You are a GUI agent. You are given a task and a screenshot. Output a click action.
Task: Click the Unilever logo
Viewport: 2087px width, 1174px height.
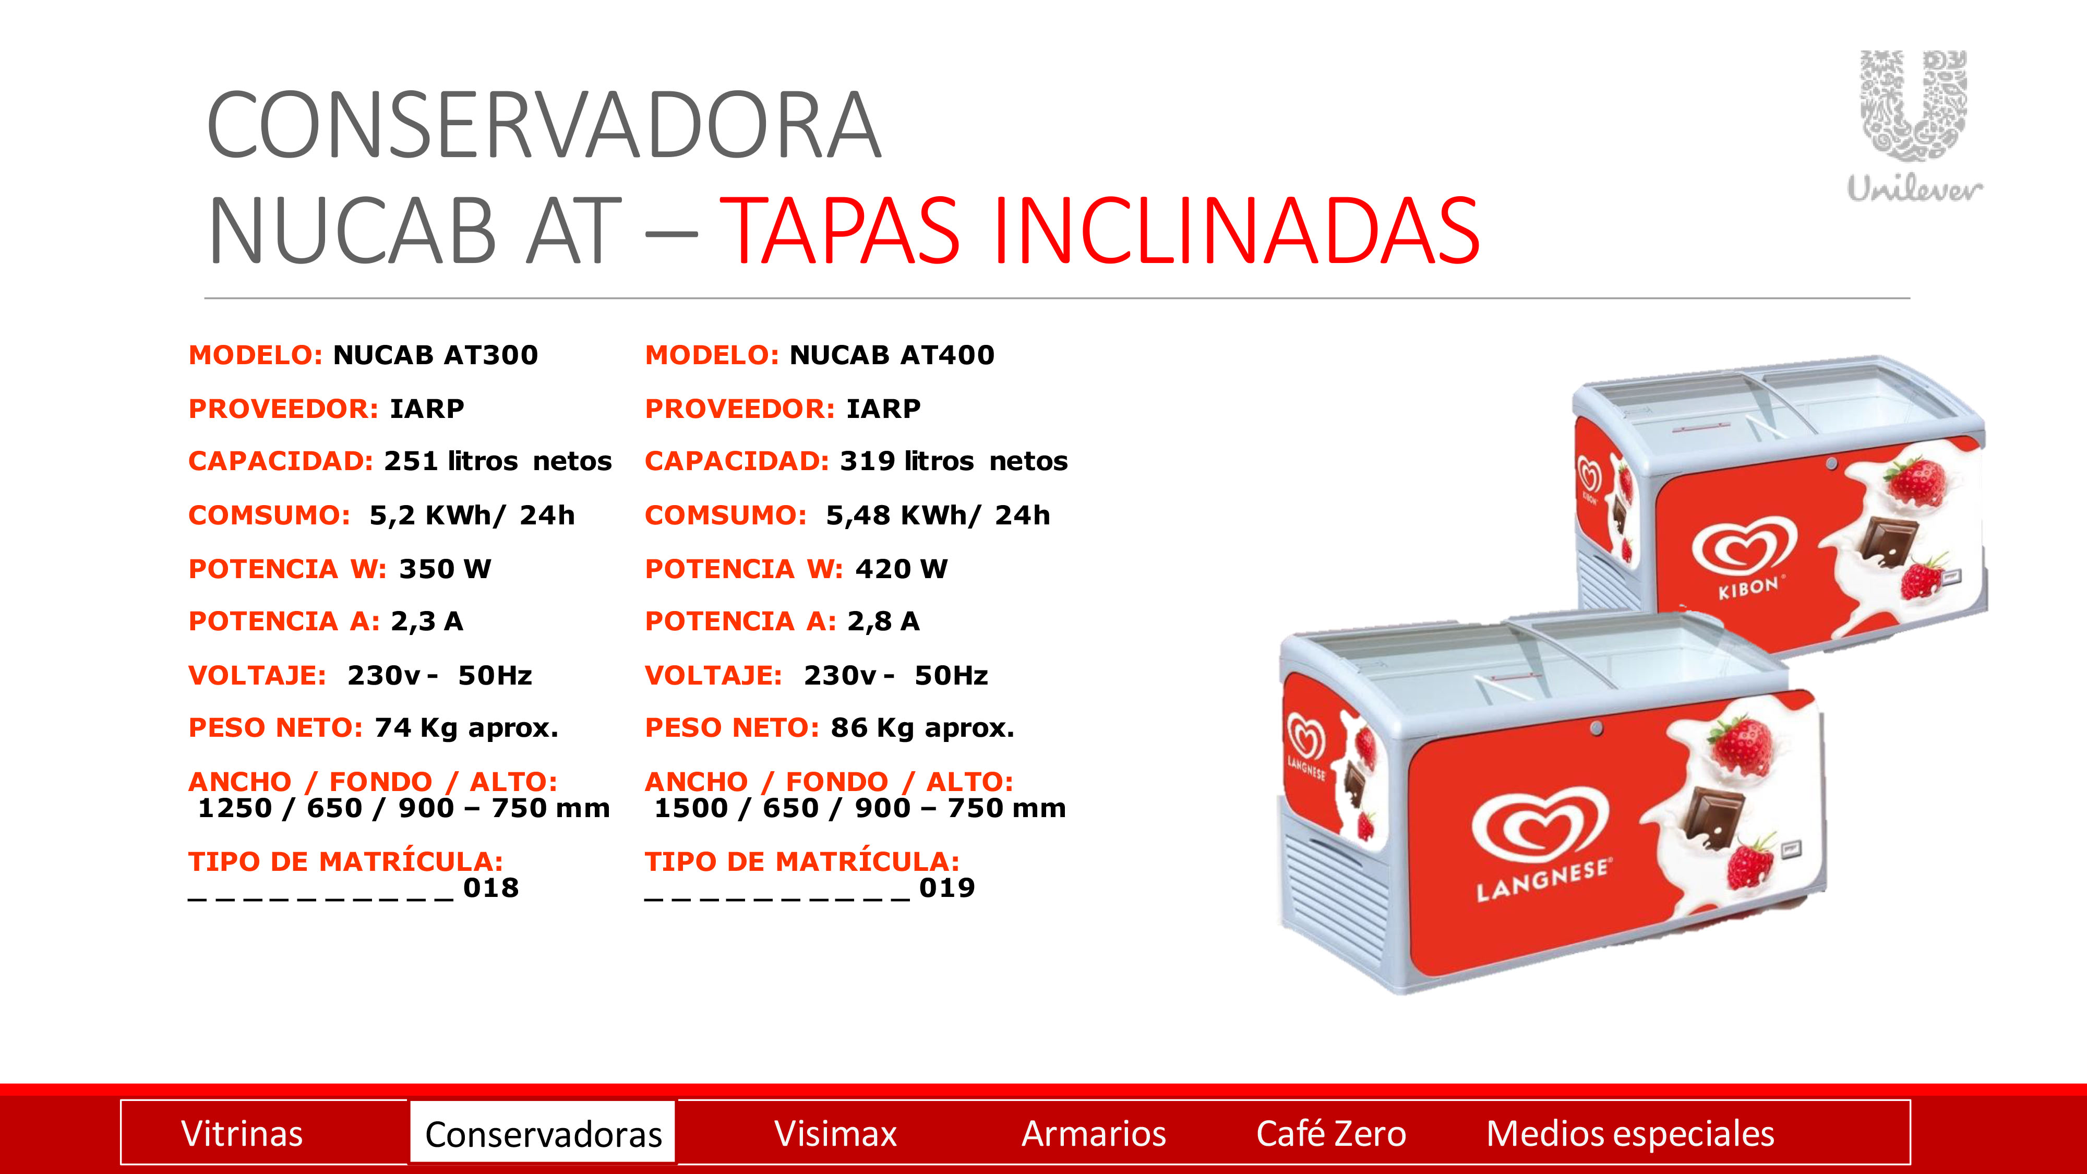[x=1914, y=126]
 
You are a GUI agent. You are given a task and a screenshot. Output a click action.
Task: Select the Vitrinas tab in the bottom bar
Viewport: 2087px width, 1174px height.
[x=242, y=1133]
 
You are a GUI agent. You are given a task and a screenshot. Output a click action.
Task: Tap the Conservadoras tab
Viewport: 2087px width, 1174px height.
[x=543, y=1133]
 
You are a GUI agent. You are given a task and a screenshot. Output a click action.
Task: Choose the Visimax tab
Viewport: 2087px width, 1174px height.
[x=835, y=1133]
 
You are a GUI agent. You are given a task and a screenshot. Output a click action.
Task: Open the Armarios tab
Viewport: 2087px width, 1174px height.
[x=1094, y=1133]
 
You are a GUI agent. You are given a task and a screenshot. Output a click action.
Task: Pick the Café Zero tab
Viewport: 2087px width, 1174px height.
[x=1331, y=1133]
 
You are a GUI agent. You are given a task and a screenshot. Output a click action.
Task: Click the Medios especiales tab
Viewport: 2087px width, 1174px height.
[x=1630, y=1133]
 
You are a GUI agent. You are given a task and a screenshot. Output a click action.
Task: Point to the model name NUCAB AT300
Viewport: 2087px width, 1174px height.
[x=436, y=355]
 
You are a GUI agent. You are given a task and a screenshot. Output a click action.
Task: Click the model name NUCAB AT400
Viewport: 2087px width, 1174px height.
[x=892, y=355]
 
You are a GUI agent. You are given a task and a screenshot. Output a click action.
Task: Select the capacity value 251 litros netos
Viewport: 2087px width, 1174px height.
[x=497, y=461]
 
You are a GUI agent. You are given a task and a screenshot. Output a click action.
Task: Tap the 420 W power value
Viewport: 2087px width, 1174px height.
[x=901, y=569]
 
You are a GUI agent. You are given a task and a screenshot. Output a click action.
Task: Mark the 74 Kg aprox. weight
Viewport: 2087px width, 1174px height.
[x=466, y=727]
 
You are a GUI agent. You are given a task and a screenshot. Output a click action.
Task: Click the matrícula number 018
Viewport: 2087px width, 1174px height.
[x=491, y=888]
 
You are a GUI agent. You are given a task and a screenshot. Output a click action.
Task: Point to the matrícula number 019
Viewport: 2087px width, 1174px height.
[x=947, y=888]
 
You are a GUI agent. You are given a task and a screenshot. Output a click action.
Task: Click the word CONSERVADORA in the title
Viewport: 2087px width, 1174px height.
[x=544, y=126]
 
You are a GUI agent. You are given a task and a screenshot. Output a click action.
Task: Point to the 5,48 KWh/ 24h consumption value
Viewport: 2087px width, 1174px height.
[x=938, y=516]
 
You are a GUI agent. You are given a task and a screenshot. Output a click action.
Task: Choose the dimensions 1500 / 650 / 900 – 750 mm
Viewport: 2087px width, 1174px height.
[x=860, y=809]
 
